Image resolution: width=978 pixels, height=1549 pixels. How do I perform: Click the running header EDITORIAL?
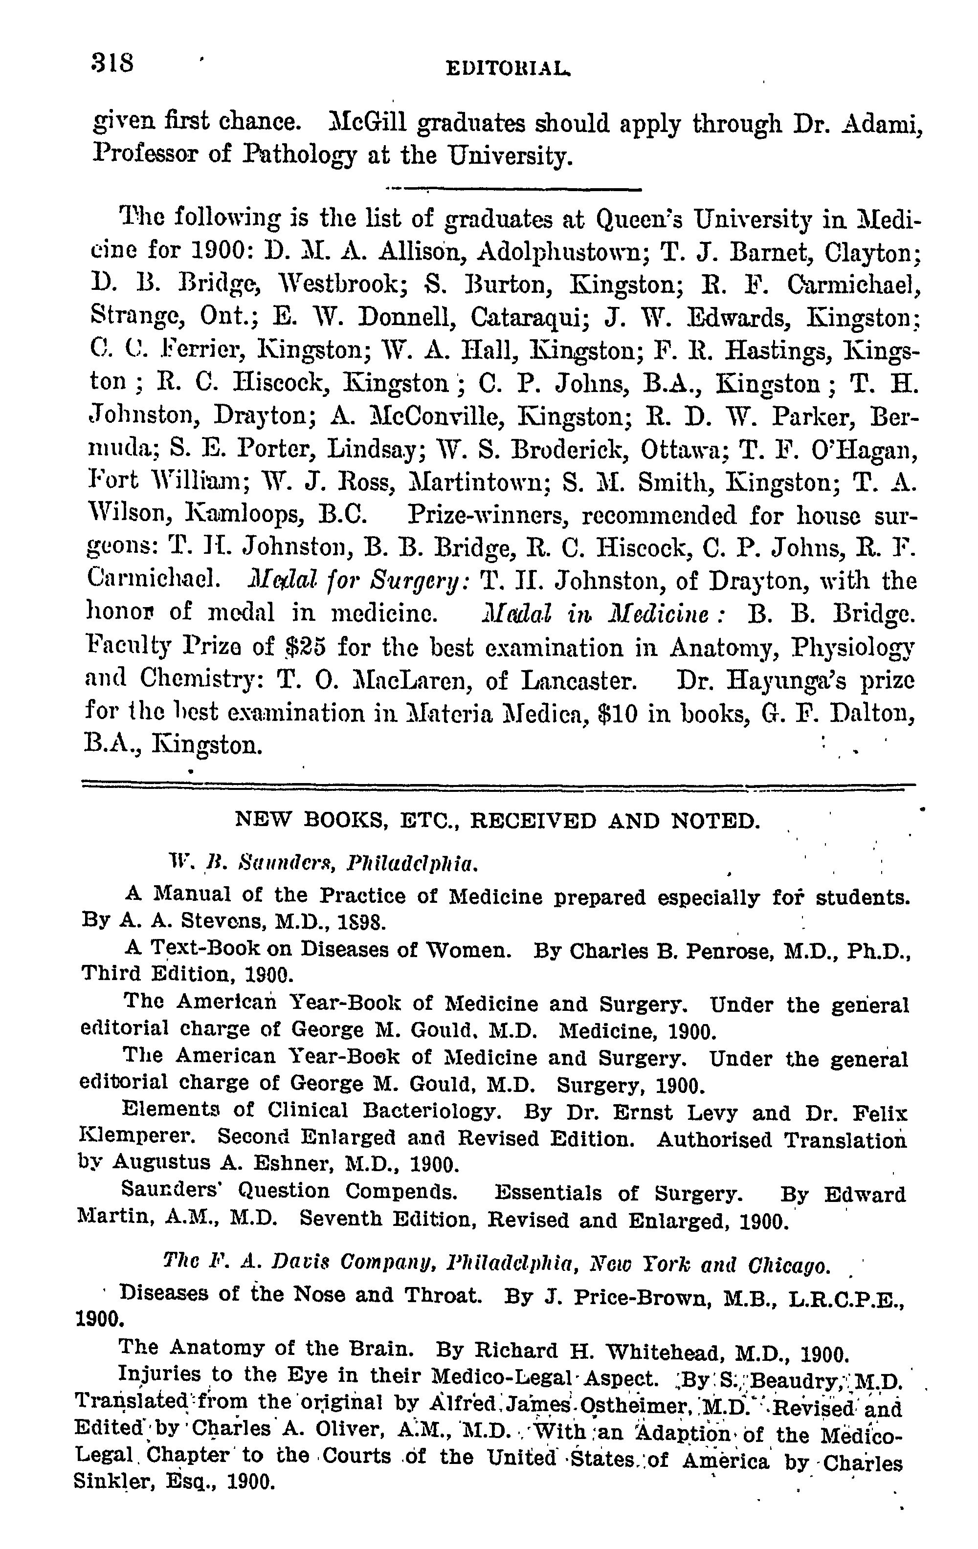[508, 68]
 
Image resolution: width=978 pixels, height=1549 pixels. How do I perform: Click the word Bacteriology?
[430, 1110]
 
